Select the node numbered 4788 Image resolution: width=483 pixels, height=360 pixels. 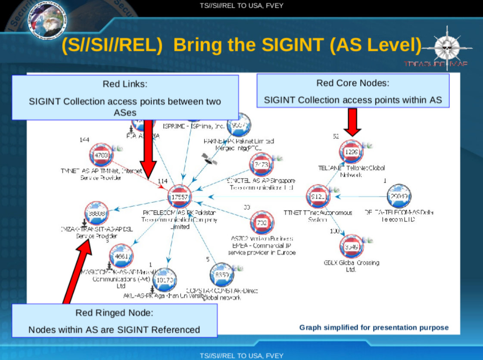[x=101, y=155]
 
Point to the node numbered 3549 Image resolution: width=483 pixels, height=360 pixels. [x=352, y=247]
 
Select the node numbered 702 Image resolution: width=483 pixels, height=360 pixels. [x=262, y=223]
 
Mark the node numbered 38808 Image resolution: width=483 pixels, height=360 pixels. [x=97, y=213]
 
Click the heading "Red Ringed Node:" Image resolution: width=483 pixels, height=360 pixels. [x=114, y=313]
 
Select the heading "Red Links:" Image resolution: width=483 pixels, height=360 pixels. [x=125, y=84]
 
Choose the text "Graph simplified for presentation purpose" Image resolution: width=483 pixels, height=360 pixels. [x=374, y=328]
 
